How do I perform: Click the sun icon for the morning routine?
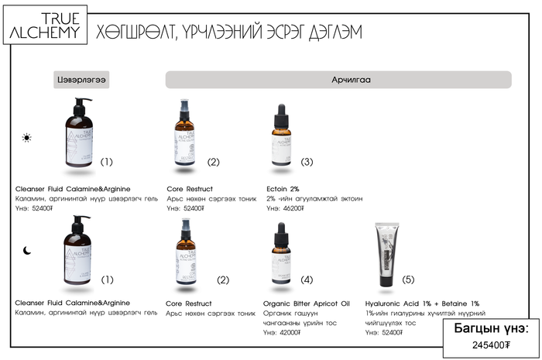(27, 138)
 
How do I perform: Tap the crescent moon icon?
(27, 250)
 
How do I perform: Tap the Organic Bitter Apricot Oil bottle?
(283, 253)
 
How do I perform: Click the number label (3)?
(307, 162)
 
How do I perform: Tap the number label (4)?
(307, 279)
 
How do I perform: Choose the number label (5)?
(408, 279)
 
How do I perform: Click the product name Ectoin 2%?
(283, 188)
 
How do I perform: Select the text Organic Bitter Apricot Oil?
(306, 303)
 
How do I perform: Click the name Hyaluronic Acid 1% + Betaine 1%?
(422, 303)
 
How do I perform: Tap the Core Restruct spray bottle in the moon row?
(186, 252)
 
